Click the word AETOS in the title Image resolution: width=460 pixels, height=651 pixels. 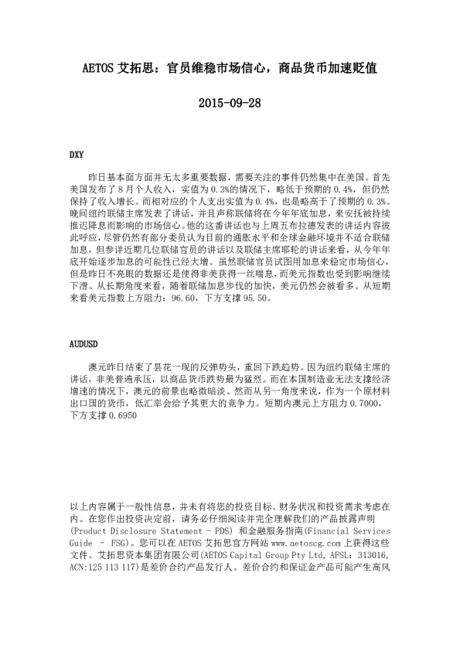pyautogui.click(x=99, y=68)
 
